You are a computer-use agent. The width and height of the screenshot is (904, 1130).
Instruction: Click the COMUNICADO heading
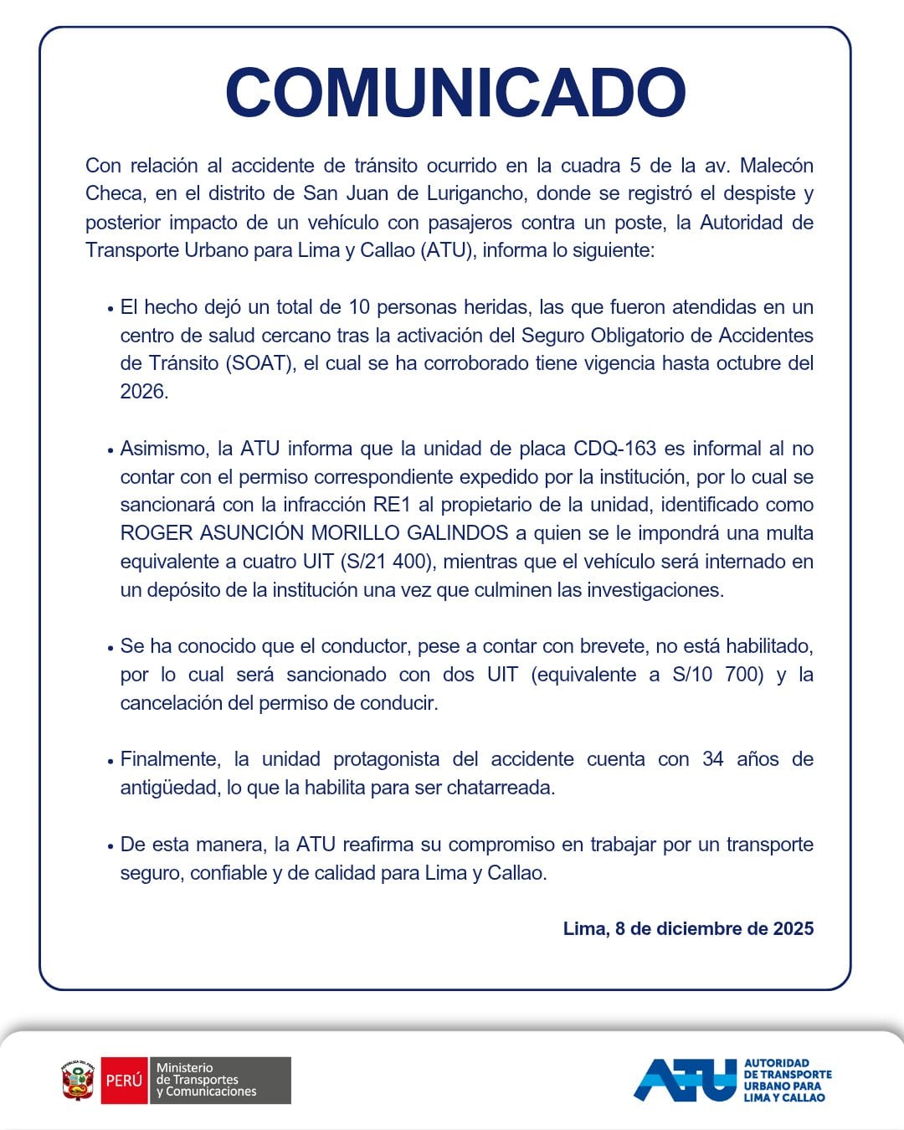coord(455,92)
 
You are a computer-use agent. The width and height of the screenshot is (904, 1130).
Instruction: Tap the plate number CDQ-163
coord(614,449)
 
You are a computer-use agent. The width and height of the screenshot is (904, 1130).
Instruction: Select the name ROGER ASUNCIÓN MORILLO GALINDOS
coord(314,533)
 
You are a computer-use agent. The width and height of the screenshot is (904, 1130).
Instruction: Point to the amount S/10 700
coord(718,675)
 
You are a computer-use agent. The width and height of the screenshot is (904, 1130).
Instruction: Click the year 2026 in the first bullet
coord(143,392)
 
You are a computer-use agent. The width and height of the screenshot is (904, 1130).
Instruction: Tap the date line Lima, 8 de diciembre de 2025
coord(688,928)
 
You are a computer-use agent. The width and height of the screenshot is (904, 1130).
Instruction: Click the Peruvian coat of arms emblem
coord(78,1081)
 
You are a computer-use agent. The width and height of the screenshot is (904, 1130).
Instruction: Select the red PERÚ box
coord(124,1081)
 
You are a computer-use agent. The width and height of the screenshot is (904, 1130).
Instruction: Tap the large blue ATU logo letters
coord(685,1080)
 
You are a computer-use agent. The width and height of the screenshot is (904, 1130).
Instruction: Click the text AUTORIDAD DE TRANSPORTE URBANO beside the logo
coord(787,1080)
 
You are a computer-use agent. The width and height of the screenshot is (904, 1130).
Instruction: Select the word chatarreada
coord(500,788)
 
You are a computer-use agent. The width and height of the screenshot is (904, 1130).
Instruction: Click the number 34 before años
coord(713,759)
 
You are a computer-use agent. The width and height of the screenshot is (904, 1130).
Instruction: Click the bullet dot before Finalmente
coord(110,761)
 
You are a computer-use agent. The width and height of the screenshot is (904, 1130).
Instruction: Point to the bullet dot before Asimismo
coord(110,450)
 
